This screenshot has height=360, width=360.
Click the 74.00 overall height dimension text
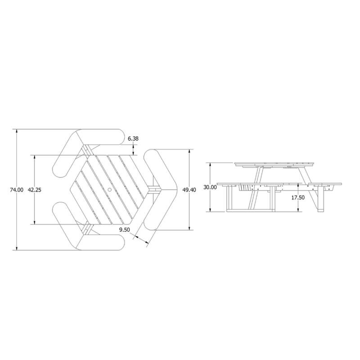tap(17, 190)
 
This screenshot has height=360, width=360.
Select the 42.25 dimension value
tap(35, 190)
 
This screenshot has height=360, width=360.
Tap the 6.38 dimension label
tap(133, 139)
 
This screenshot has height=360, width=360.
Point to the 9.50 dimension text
tap(125, 230)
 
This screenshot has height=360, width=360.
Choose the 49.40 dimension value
tap(189, 190)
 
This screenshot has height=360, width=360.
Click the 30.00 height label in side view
tap(210, 187)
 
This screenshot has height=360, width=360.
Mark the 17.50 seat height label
tap(298, 197)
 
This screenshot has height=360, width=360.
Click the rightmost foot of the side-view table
tap(321, 210)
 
